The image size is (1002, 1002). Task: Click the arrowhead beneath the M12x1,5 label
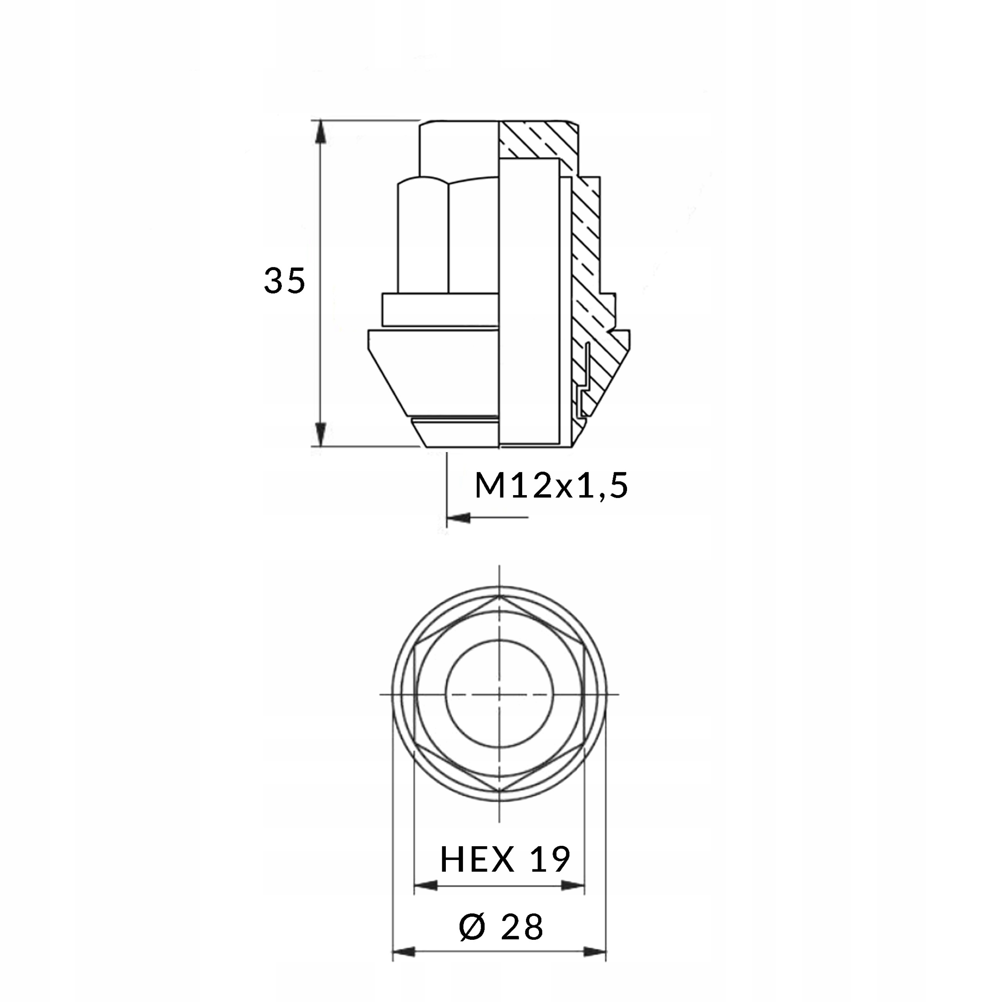[x=459, y=517]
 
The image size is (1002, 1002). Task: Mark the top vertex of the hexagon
[x=499, y=597]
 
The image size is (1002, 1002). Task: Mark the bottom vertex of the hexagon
[x=499, y=792]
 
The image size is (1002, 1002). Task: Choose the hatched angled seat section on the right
[x=607, y=363]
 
